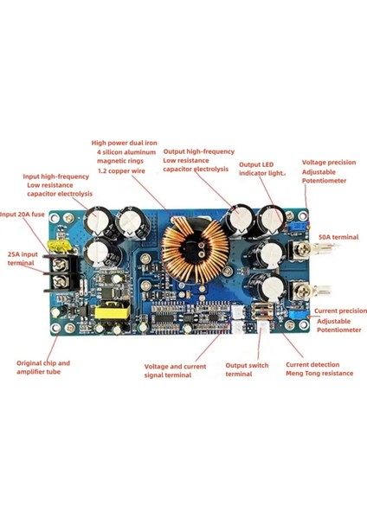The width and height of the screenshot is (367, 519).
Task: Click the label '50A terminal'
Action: (338, 235)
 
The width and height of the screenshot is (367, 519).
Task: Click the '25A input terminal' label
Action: (21, 259)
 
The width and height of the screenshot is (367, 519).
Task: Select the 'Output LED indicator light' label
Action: (262, 169)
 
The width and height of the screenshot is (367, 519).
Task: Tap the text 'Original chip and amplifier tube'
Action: (43, 368)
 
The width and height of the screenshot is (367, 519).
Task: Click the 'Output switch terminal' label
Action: (247, 370)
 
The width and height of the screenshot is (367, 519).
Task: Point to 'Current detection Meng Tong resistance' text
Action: (319, 369)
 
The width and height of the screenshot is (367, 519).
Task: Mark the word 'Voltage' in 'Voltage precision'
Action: (315, 162)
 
